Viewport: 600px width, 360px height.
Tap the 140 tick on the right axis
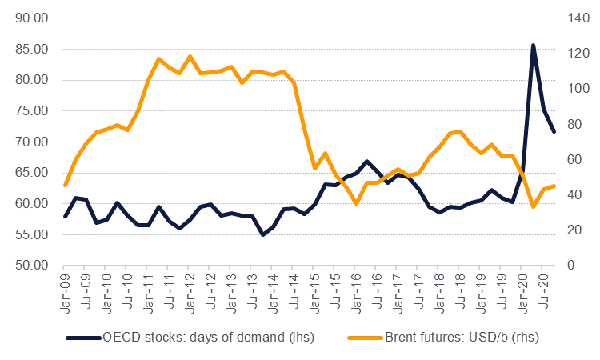point(578,18)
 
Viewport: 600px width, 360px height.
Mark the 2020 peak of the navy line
point(533,46)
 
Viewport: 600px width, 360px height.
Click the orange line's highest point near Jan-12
point(190,57)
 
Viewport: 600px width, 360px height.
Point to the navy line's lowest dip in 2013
point(263,234)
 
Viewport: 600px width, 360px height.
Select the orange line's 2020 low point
point(533,206)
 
